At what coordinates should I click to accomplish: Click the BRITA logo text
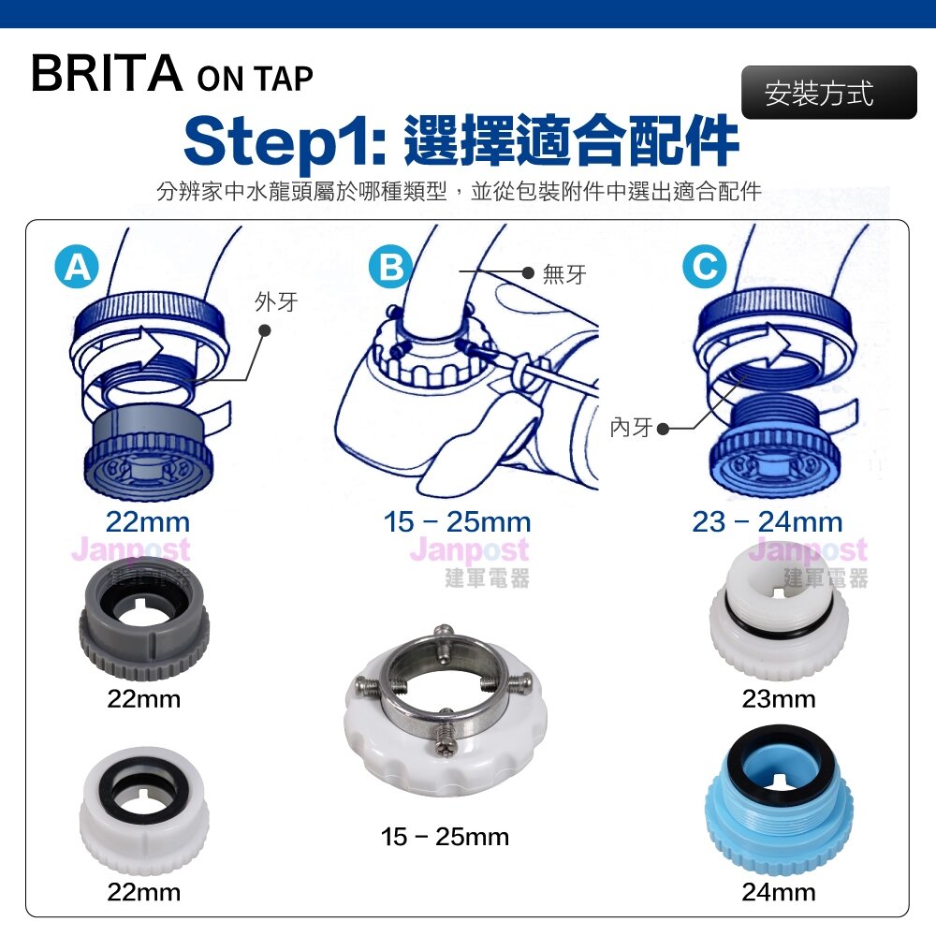point(107,73)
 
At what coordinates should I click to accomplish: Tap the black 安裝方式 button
point(828,93)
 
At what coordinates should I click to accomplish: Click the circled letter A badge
point(77,267)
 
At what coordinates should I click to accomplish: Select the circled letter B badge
point(391,267)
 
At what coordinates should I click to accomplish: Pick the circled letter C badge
point(705,267)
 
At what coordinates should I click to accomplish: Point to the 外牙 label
point(276,302)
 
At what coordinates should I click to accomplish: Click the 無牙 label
point(564,274)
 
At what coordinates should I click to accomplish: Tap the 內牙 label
point(631,428)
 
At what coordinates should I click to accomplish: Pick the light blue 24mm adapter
point(779,800)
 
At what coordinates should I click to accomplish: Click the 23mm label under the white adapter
point(779,699)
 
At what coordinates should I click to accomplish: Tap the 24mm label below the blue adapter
point(779,892)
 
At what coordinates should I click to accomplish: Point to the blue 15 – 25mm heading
point(458,522)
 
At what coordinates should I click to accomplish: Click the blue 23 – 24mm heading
point(768,522)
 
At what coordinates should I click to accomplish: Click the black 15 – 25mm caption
point(446,837)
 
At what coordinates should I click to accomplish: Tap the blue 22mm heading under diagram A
point(148,522)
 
